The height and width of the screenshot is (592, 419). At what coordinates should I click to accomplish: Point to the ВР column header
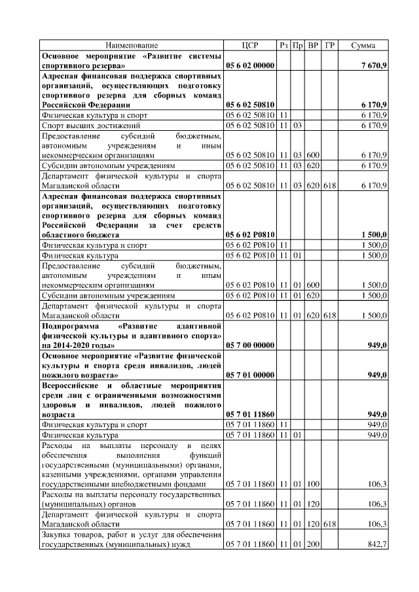point(313,45)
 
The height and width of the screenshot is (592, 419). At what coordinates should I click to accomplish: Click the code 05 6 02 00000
point(250,66)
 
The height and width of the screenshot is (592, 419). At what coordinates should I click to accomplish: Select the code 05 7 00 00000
point(250,345)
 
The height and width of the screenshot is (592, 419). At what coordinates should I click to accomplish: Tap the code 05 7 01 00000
point(250,375)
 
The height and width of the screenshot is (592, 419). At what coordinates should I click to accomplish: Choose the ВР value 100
point(313,484)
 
